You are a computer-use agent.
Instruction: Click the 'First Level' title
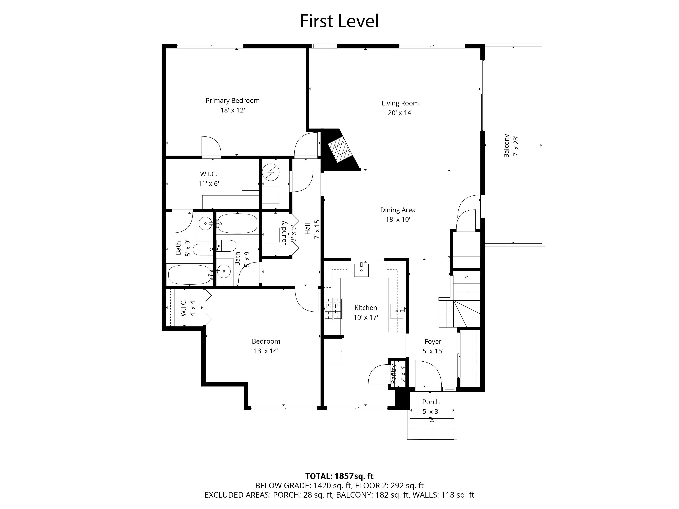pyautogui.click(x=339, y=21)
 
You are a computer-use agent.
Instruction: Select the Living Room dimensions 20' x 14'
pyautogui.click(x=400, y=113)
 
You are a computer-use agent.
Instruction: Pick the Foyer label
pyautogui.click(x=433, y=341)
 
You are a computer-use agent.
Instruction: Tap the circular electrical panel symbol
pyautogui.click(x=271, y=173)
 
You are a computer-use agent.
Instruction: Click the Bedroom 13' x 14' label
pyautogui.click(x=266, y=346)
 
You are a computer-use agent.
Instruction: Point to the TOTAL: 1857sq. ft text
pyautogui.click(x=339, y=476)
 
